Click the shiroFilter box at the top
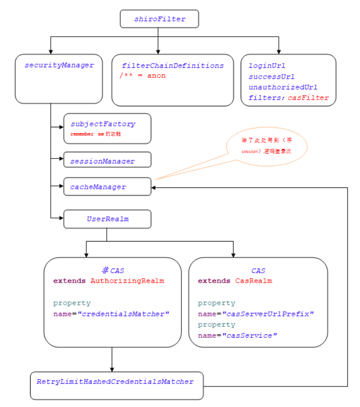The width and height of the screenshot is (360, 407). [x=159, y=19]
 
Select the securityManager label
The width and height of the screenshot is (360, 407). [x=59, y=65]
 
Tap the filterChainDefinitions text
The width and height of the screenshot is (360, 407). [x=172, y=66]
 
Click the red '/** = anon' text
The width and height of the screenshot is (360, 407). [x=142, y=76]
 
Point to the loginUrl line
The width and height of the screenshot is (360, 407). [x=267, y=66]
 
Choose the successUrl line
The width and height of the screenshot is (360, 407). [x=271, y=77]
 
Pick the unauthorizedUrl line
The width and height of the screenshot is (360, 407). [x=283, y=87]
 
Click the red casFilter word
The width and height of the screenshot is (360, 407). [x=308, y=98]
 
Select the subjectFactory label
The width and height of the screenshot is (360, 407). [x=103, y=124]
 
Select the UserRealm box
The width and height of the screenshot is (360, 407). [x=107, y=219]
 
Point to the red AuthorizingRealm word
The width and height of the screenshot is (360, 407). [x=127, y=281]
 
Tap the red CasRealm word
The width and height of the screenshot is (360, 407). [x=253, y=281]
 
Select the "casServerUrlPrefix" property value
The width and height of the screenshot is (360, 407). [x=270, y=314]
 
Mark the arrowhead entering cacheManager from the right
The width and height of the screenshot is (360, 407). [x=154, y=187]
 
